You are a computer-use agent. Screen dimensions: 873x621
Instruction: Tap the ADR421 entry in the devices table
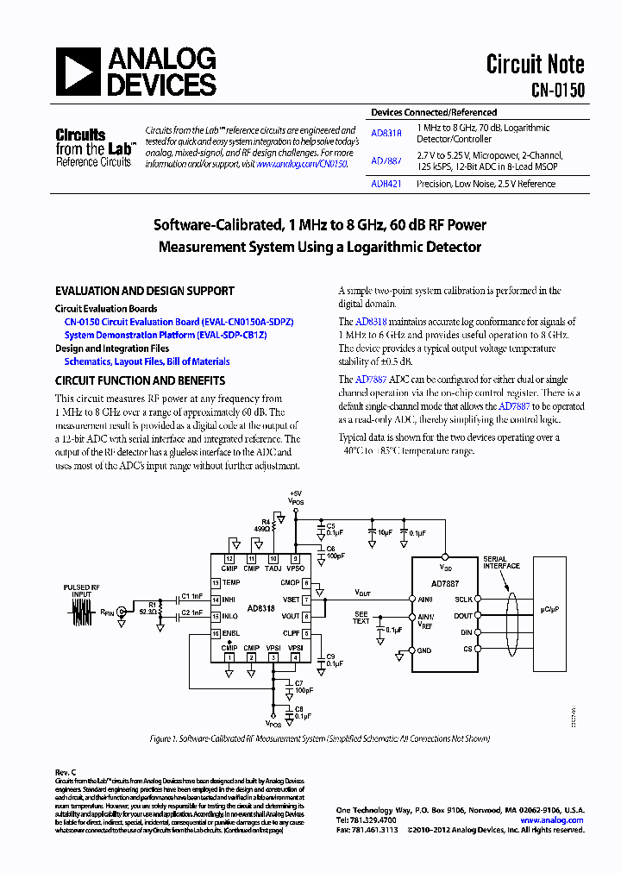386,184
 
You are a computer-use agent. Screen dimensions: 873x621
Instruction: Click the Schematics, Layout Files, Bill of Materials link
147,362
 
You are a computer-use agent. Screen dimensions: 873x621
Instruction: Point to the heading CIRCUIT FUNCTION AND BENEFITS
140,380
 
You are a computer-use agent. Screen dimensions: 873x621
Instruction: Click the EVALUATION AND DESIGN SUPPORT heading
144,292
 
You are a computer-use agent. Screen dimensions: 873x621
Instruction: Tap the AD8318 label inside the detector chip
260,607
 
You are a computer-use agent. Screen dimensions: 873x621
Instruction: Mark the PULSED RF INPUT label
82,592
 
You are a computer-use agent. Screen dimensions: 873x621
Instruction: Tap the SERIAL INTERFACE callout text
501,562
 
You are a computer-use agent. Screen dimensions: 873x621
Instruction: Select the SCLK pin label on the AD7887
462,599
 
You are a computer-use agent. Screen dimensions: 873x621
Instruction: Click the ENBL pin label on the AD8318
229,634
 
